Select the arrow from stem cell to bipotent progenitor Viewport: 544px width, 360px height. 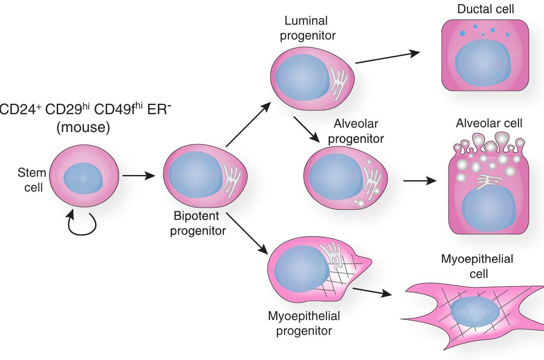pyautogui.click(x=138, y=176)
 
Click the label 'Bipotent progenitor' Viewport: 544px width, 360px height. pyautogui.click(x=198, y=223)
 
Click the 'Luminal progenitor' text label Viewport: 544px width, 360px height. pyautogui.click(x=303, y=28)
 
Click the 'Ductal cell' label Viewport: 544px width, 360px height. pyautogui.click(x=485, y=9)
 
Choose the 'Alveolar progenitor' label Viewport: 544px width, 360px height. pyautogui.click(x=356, y=131)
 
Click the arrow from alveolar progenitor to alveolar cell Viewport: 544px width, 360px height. pyautogui.click(x=419, y=180)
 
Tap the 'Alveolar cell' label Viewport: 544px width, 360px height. pyautogui.click(x=489, y=123)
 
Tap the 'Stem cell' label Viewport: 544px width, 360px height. pyautogui.click(x=32, y=180)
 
